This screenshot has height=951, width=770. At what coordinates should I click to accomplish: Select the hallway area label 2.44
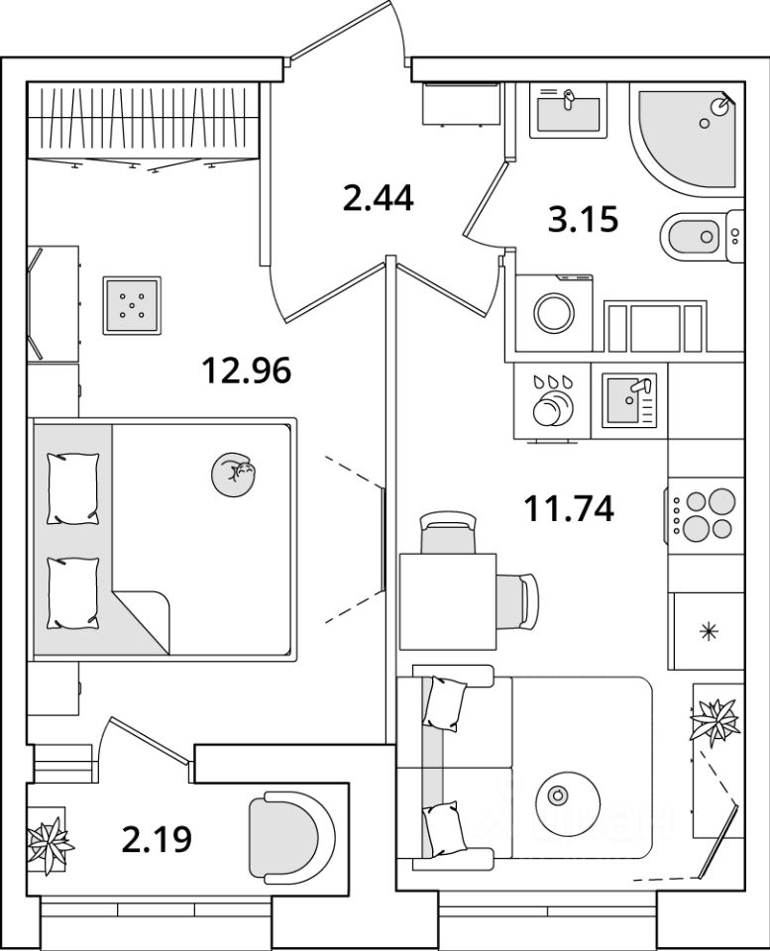[x=377, y=199]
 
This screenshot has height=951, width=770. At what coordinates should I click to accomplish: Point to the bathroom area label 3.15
[x=583, y=218]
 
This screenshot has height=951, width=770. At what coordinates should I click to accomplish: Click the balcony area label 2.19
[x=157, y=840]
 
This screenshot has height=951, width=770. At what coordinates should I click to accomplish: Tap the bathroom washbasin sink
[x=568, y=111]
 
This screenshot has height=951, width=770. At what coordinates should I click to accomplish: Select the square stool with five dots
[x=131, y=306]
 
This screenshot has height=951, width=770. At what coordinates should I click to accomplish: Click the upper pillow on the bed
[x=73, y=488]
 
